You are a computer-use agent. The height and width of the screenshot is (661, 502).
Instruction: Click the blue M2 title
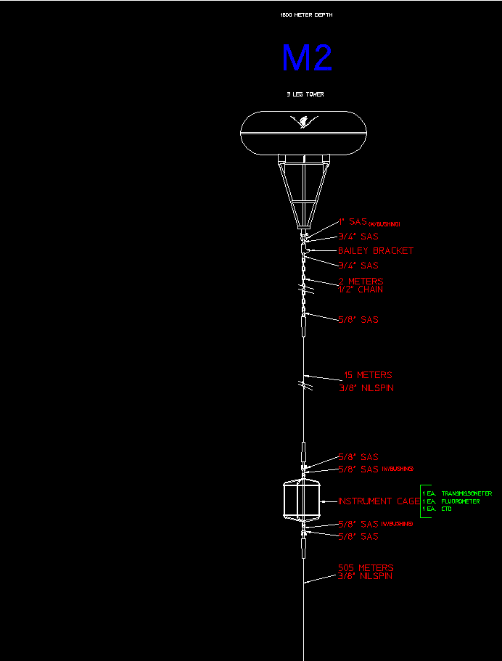pos(307,59)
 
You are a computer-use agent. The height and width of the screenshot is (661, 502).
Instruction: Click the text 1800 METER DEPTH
pos(307,15)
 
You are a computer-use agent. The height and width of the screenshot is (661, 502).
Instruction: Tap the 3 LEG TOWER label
pos(305,94)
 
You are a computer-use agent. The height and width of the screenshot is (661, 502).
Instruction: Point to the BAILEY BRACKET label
pos(376,250)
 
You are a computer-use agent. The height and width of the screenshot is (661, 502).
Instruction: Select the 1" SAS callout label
pos(353,222)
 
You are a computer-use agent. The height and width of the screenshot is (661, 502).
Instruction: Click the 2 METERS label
pos(361,281)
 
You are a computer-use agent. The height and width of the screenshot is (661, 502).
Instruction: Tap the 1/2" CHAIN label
pos(361,290)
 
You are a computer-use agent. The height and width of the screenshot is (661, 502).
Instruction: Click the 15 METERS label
pos(367,375)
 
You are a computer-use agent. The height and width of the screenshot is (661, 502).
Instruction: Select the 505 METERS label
pos(366,567)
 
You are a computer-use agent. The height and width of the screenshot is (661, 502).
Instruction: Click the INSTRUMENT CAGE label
pos(379,501)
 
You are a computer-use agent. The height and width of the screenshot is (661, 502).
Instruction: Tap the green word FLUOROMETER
pos(461,501)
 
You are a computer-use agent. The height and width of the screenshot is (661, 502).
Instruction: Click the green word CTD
pos(447,509)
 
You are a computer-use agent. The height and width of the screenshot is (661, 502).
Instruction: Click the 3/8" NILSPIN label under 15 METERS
pos(367,388)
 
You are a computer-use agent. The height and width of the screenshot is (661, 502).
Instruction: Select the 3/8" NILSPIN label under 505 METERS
pos(365,576)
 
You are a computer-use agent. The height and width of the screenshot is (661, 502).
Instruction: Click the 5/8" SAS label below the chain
pos(358,320)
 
